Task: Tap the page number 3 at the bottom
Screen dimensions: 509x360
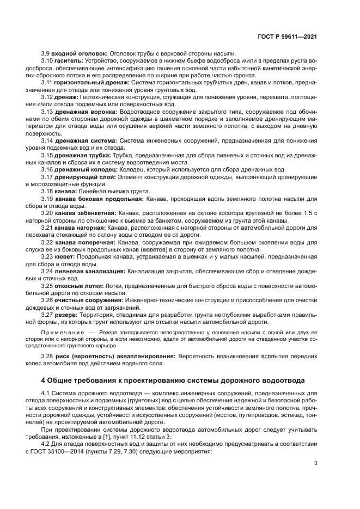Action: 316,463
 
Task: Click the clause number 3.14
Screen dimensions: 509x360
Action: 48,140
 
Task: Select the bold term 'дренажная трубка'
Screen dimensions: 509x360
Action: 81,155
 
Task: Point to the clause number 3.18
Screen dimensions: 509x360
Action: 48,191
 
